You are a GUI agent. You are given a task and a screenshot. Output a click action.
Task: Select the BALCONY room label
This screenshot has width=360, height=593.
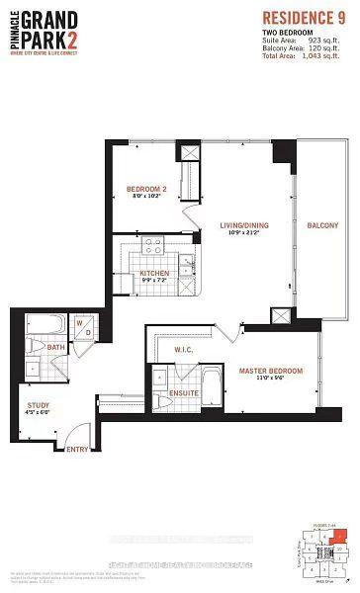(321, 224)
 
